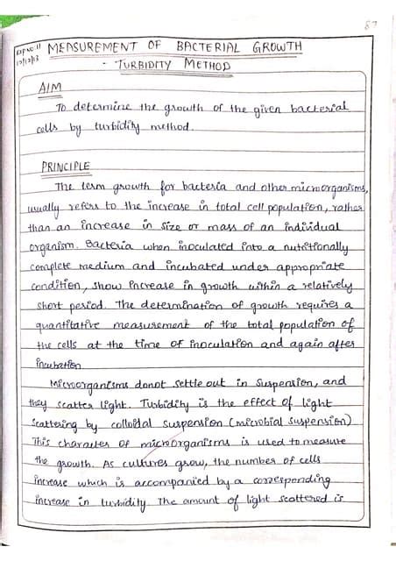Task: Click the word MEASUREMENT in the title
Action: tap(89, 46)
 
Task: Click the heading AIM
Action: tap(52, 89)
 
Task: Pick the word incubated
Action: tap(199, 266)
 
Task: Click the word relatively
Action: tap(314, 286)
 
